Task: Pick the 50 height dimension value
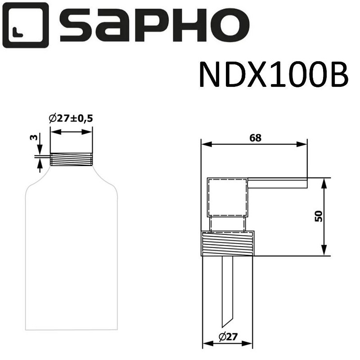(x=319, y=216)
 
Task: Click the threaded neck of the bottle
(x=71, y=159)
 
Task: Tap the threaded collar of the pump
(x=228, y=244)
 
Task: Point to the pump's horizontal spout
(x=277, y=183)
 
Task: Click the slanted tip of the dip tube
(x=227, y=322)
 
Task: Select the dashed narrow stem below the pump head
(x=228, y=224)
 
